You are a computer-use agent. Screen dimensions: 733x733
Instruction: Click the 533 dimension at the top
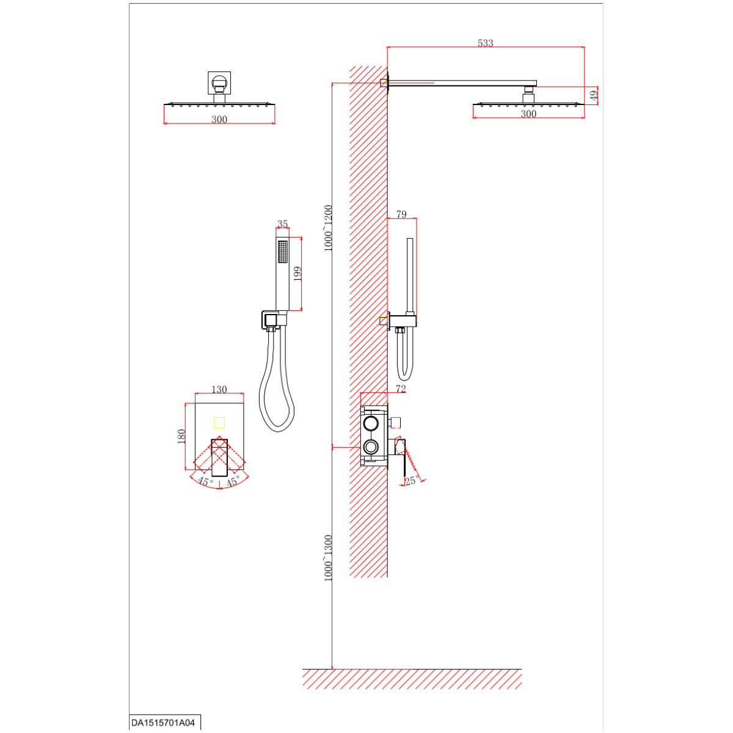point(485,43)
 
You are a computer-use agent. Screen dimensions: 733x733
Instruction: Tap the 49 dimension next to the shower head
point(594,95)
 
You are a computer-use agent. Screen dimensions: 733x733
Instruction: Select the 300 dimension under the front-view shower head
point(219,120)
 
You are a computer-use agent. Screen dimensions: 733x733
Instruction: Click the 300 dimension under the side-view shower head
point(528,114)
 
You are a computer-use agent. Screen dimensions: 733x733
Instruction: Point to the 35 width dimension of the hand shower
point(282,224)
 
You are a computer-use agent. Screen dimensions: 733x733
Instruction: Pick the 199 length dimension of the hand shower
point(297,274)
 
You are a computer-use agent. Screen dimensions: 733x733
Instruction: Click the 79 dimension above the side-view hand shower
point(401,214)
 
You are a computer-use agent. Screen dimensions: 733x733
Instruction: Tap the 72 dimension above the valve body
point(401,388)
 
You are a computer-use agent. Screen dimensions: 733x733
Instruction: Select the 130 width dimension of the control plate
point(219,389)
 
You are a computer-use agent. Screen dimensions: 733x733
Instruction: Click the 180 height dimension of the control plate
point(181,436)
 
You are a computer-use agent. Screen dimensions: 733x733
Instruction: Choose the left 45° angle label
point(205,481)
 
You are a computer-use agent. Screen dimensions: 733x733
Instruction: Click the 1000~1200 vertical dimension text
point(328,228)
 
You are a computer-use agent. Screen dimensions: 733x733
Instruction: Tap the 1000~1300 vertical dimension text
point(328,558)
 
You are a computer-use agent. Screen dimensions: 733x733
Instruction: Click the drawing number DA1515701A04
point(163,723)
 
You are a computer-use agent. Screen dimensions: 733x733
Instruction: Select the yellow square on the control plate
point(219,423)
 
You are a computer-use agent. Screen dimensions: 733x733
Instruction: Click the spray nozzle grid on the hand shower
point(282,252)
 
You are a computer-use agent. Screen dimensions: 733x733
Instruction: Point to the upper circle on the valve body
point(370,423)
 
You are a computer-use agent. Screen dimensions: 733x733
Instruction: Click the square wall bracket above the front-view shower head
point(219,82)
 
